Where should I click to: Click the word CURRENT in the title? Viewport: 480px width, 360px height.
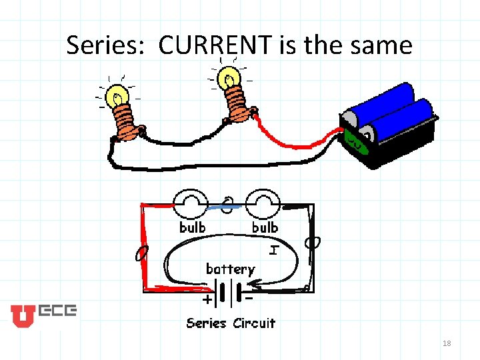(x=215, y=45)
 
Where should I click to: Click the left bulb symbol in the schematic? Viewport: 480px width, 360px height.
(x=191, y=203)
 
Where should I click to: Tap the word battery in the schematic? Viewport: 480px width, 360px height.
(x=230, y=269)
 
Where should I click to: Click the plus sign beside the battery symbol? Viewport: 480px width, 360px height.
(x=209, y=300)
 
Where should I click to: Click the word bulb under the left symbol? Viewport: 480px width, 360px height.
(x=193, y=227)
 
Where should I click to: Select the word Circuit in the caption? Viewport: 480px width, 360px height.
(x=253, y=323)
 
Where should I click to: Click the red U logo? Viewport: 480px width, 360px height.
(x=21, y=315)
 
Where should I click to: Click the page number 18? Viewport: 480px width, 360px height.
(x=446, y=343)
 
